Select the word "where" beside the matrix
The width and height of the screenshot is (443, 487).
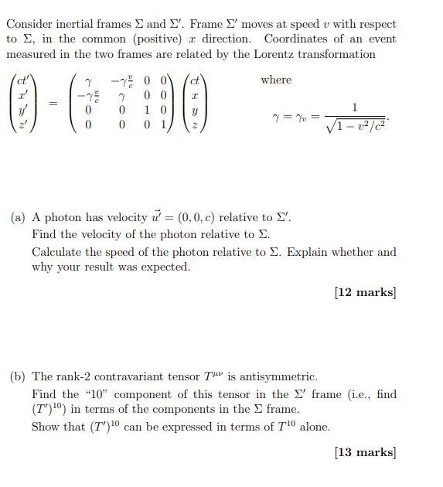pyautogui.click(x=276, y=80)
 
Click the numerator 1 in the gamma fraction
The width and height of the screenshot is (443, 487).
pyautogui.click(x=354, y=107)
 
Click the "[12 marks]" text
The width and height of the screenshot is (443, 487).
pyautogui.click(x=365, y=292)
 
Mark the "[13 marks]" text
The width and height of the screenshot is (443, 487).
pyautogui.click(x=365, y=452)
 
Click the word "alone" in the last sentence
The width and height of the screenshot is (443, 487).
pyautogui.click(x=313, y=427)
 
